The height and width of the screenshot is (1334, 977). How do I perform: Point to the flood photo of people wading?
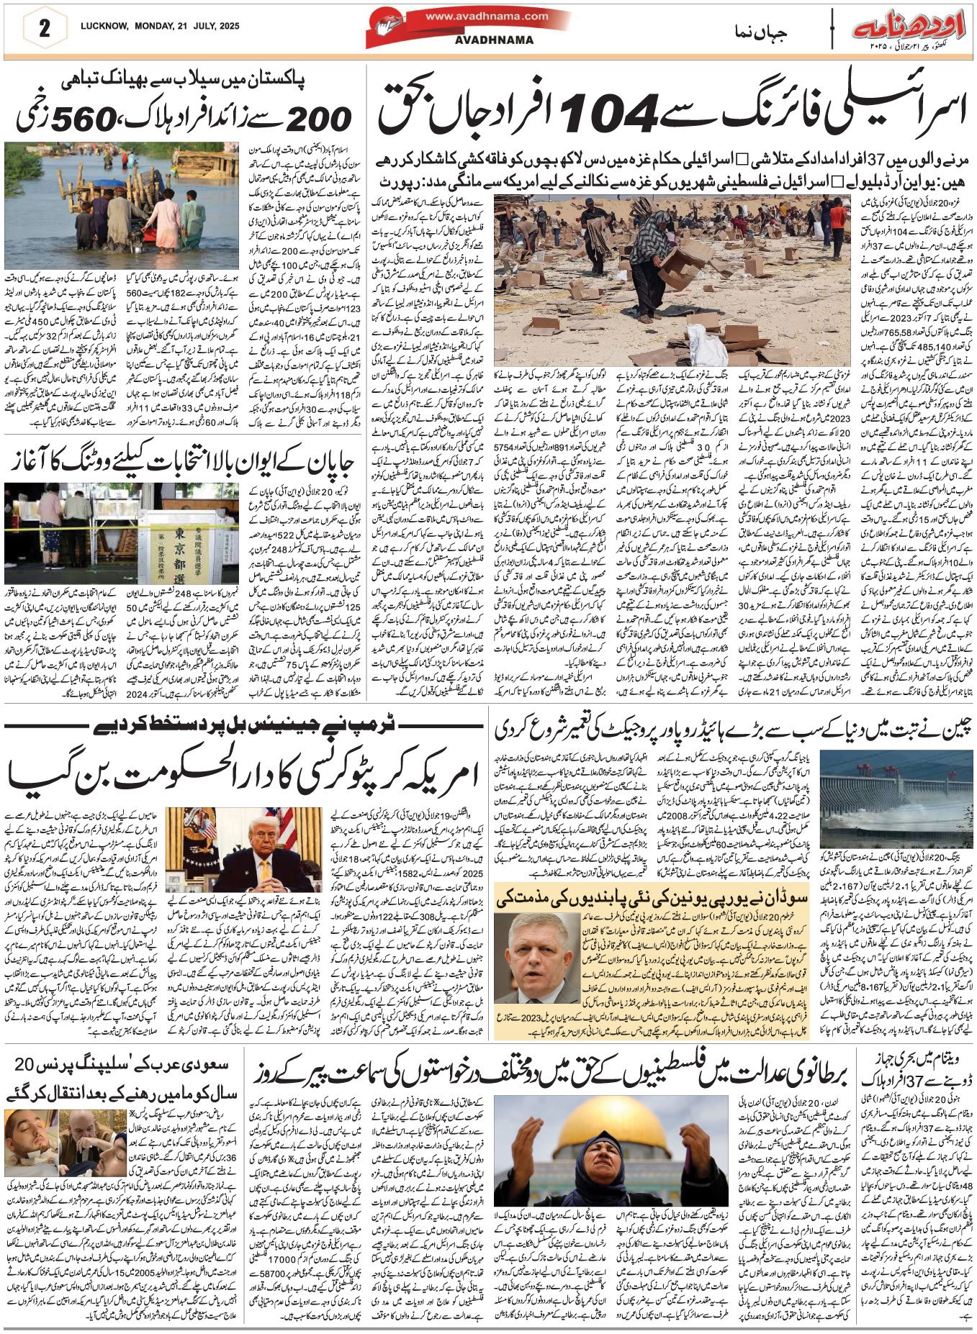[x=120, y=205]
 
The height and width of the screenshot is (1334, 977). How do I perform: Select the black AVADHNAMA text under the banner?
[x=494, y=40]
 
